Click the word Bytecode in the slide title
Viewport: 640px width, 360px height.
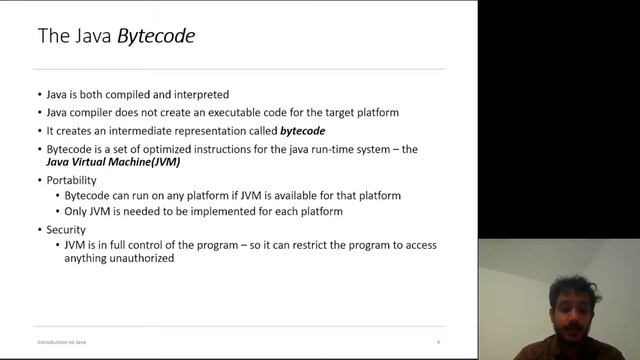156,37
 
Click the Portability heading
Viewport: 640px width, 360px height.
74,180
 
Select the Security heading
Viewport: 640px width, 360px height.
67,229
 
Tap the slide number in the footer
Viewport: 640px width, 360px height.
438,341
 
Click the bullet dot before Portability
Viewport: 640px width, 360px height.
39,180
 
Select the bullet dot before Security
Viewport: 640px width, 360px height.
39,229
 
